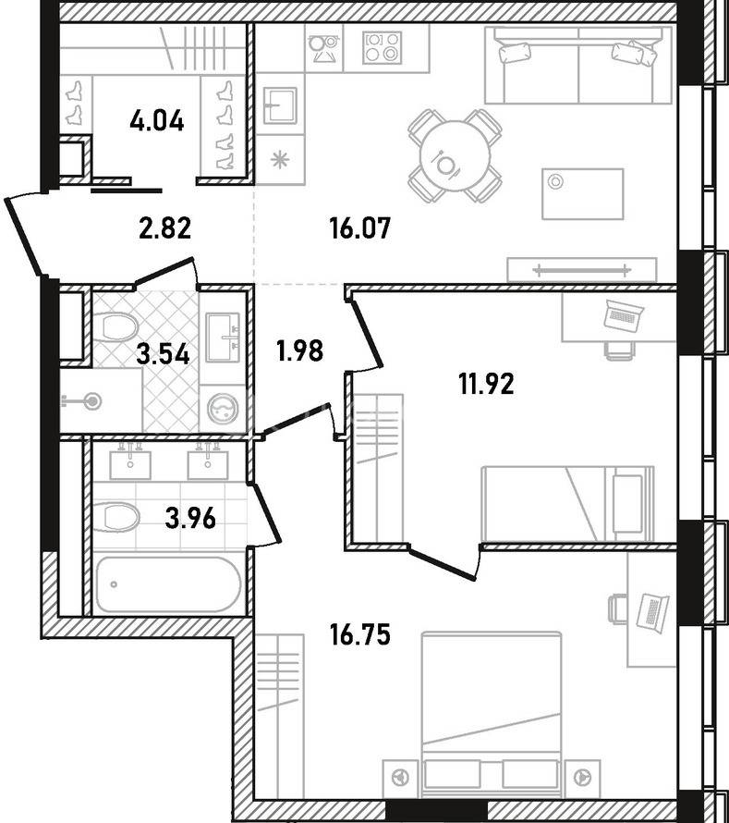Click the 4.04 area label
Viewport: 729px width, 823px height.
pos(157,121)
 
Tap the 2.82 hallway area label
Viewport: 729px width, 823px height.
pos(164,228)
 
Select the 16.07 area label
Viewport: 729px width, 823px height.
pos(360,228)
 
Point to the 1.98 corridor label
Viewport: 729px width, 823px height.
pos(299,350)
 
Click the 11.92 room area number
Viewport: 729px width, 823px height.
pos(486,384)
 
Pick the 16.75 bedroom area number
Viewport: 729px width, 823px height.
pos(360,634)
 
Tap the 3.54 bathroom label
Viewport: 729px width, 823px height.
pos(163,354)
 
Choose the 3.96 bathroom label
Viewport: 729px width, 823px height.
pos(189,519)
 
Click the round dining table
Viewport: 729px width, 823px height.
pos(455,156)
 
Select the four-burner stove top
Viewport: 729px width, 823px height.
pos(382,47)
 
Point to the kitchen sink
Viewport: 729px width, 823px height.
pos(280,105)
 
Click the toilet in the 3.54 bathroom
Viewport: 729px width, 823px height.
pos(118,326)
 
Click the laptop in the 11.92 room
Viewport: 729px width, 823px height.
pos(623,315)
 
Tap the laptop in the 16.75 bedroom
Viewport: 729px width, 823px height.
pos(653,611)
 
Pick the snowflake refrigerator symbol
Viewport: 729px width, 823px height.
pos(279,158)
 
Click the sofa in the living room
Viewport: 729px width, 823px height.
pos(578,65)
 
